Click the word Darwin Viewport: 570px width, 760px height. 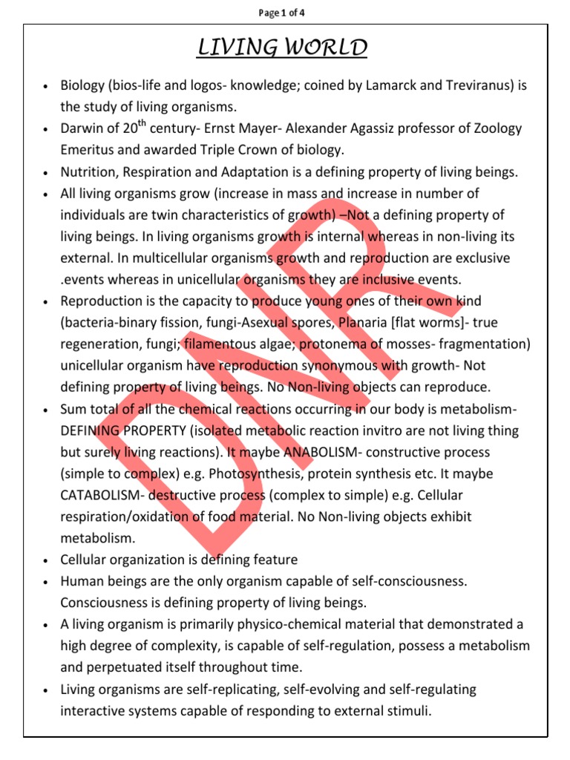(82, 129)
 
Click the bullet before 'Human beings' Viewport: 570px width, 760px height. (46, 582)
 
